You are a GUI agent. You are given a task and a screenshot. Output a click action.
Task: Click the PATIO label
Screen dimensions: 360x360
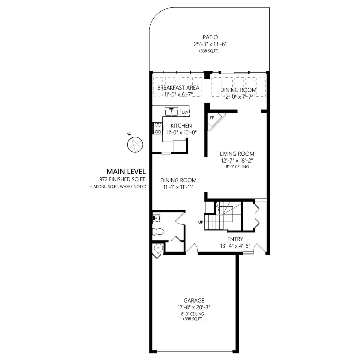210,37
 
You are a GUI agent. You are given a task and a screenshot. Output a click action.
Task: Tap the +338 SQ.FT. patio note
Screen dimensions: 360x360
208,51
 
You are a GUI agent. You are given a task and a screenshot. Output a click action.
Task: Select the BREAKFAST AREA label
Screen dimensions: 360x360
178,88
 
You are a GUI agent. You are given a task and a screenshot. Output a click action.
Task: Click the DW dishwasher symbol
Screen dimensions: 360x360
185,112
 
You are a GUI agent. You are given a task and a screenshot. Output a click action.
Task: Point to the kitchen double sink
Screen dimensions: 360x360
171,112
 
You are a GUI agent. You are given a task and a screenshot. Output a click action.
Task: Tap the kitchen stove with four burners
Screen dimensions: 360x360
157,128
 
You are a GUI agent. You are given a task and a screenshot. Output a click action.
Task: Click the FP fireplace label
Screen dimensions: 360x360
212,118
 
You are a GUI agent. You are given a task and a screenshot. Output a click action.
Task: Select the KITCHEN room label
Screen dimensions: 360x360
181,126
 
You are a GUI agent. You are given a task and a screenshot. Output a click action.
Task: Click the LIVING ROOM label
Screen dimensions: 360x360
237,154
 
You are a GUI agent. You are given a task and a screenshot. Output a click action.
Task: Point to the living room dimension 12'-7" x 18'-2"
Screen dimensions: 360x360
237,160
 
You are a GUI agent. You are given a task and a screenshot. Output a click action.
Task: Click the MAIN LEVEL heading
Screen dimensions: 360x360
126,171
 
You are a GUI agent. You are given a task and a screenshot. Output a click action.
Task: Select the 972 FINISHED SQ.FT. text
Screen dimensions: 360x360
123,179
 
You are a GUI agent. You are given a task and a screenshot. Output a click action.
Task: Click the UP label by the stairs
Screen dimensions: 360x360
201,222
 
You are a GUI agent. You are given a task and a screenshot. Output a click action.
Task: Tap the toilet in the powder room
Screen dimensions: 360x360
158,232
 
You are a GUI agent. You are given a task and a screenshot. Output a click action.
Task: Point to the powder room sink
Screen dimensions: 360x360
157,218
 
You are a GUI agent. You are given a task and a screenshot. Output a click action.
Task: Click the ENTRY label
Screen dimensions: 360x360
235,239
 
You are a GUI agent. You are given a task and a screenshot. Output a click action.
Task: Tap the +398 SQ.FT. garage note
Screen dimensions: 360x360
193,319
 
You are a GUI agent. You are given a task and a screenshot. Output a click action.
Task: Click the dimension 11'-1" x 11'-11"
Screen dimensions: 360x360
178,187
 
